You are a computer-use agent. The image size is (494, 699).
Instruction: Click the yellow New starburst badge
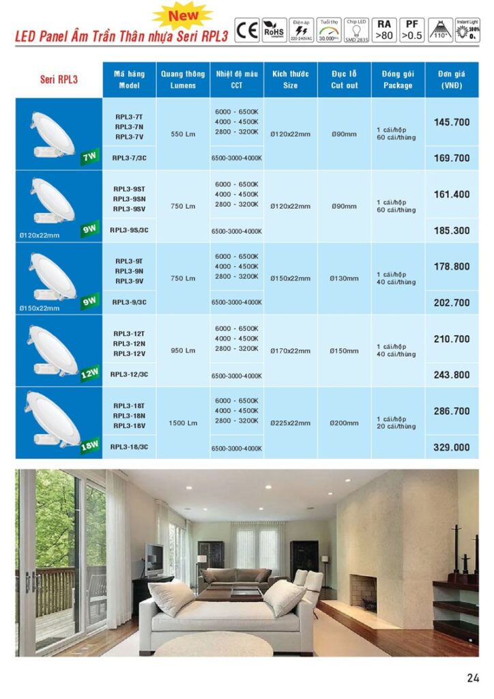pyautogui.click(x=182, y=14)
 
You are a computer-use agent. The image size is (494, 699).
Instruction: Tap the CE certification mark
pyautogui.click(x=246, y=31)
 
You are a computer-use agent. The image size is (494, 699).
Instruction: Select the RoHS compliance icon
pyautogui.click(x=273, y=31)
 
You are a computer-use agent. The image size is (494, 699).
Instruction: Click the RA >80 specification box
pyautogui.click(x=385, y=31)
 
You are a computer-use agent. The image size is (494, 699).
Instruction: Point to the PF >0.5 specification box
pyautogui.click(x=411, y=31)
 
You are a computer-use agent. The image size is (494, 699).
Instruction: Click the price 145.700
pyautogui.click(x=452, y=122)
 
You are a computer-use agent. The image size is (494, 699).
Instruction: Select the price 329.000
pyautogui.click(x=452, y=447)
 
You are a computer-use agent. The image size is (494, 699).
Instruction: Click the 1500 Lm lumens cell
pyautogui.click(x=182, y=423)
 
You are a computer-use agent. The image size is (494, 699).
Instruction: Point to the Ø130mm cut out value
pyautogui.click(x=344, y=279)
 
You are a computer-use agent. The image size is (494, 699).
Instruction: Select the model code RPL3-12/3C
pyautogui.click(x=129, y=374)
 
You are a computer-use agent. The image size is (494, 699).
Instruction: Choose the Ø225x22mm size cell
pyautogui.click(x=291, y=423)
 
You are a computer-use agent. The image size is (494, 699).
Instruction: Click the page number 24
pyautogui.click(x=473, y=678)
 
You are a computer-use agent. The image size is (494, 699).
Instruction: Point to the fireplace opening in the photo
pyautogui.click(x=362, y=593)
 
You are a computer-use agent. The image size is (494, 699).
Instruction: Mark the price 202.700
pyautogui.click(x=452, y=302)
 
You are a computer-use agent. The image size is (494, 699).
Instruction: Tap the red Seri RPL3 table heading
pyautogui.click(x=59, y=79)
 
